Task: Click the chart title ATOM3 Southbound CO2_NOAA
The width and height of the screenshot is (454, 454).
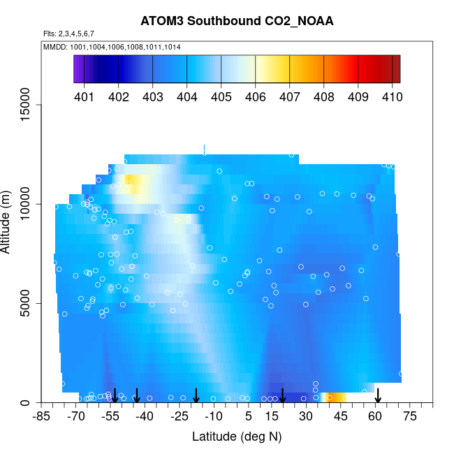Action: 237,21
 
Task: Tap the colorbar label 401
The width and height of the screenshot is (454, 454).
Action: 84,97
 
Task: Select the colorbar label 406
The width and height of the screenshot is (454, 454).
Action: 255,97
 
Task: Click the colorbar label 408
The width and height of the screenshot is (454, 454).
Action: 323,97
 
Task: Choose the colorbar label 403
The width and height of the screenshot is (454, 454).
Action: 152,97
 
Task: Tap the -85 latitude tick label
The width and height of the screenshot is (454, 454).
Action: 43,417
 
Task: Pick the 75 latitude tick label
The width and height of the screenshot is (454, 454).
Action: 410,417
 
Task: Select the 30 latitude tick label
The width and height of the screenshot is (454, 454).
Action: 305,417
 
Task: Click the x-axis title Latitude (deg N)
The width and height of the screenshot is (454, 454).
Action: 237,437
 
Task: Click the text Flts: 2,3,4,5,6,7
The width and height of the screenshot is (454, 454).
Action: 68,34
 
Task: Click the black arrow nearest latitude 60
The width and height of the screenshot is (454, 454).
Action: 378,395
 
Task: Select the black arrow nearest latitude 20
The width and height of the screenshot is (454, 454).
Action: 283,395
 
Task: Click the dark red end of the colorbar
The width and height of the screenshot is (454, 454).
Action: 396,68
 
